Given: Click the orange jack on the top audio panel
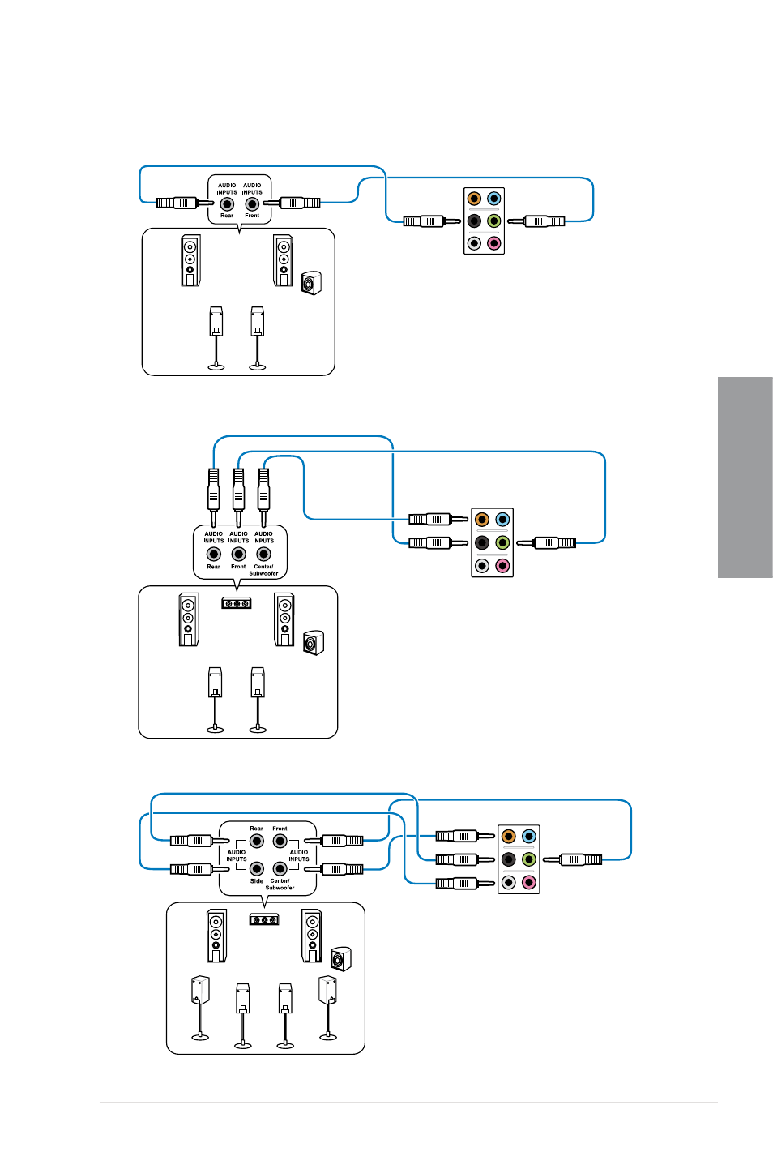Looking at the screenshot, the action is (474, 198).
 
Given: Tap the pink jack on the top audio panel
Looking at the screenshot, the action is (493, 243).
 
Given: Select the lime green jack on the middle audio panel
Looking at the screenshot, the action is (502, 542).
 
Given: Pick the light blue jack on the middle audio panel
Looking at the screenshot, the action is (502, 519).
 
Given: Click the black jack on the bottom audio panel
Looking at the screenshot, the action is (508, 859).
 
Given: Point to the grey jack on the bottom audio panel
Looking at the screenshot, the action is (508, 882).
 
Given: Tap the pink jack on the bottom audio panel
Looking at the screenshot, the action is (528, 882).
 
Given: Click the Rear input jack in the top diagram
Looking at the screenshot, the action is (227, 203).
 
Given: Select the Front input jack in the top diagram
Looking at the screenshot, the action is (252, 203).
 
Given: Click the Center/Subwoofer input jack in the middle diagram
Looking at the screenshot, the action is (263, 555).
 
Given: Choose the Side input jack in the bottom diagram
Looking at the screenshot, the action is (256, 868).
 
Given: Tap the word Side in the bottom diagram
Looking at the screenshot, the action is (256, 881).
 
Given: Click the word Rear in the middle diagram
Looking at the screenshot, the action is (214, 567).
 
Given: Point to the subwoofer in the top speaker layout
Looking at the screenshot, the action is (311, 283).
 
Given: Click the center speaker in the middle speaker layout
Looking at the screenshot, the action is (237, 603).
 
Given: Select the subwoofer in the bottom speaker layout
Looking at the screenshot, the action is (341, 959).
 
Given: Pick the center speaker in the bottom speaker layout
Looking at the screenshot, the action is (264, 919).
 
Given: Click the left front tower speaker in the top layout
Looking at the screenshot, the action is (190, 260).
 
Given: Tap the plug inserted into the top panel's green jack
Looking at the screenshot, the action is (536, 221).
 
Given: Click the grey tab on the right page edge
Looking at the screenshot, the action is (745, 477).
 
